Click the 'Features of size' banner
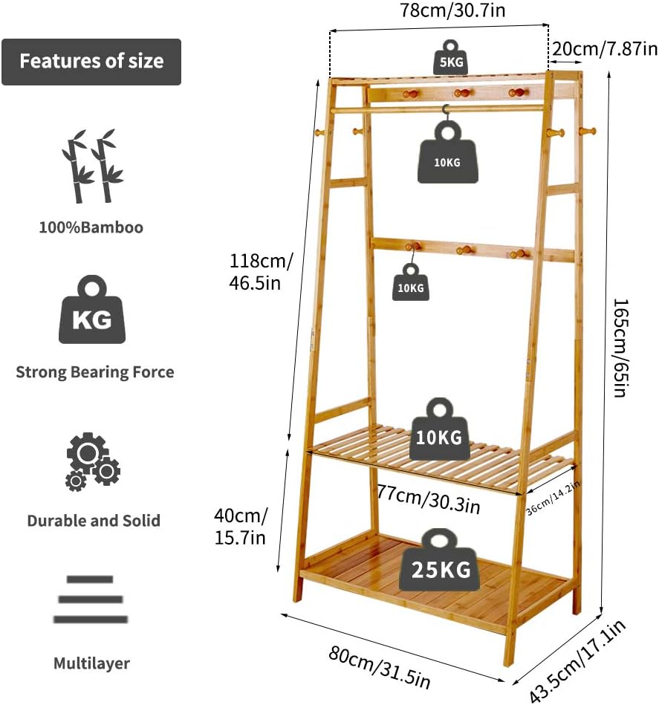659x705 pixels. pyautogui.click(x=91, y=62)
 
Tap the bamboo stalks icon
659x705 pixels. pyautogui.click(x=92, y=166)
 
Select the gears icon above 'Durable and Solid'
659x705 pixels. pyautogui.click(x=93, y=461)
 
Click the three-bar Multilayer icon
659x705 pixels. pyautogui.click(x=91, y=599)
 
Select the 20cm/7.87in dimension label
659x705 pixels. pyautogui.click(x=604, y=49)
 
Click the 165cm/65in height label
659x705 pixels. pyautogui.click(x=620, y=348)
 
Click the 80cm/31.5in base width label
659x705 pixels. pyautogui.click(x=378, y=666)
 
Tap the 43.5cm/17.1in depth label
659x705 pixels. pyautogui.click(x=579, y=660)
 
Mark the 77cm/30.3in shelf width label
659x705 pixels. pyautogui.click(x=427, y=500)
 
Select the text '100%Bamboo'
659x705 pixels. pyautogui.click(x=91, y=227)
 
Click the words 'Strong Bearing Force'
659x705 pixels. pyautogui.click(x=95, y=371)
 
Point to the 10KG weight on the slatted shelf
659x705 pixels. pyautogui.click(x=439, y=430)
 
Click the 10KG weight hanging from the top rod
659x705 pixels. pyautogui.click(x=447, y=153)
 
